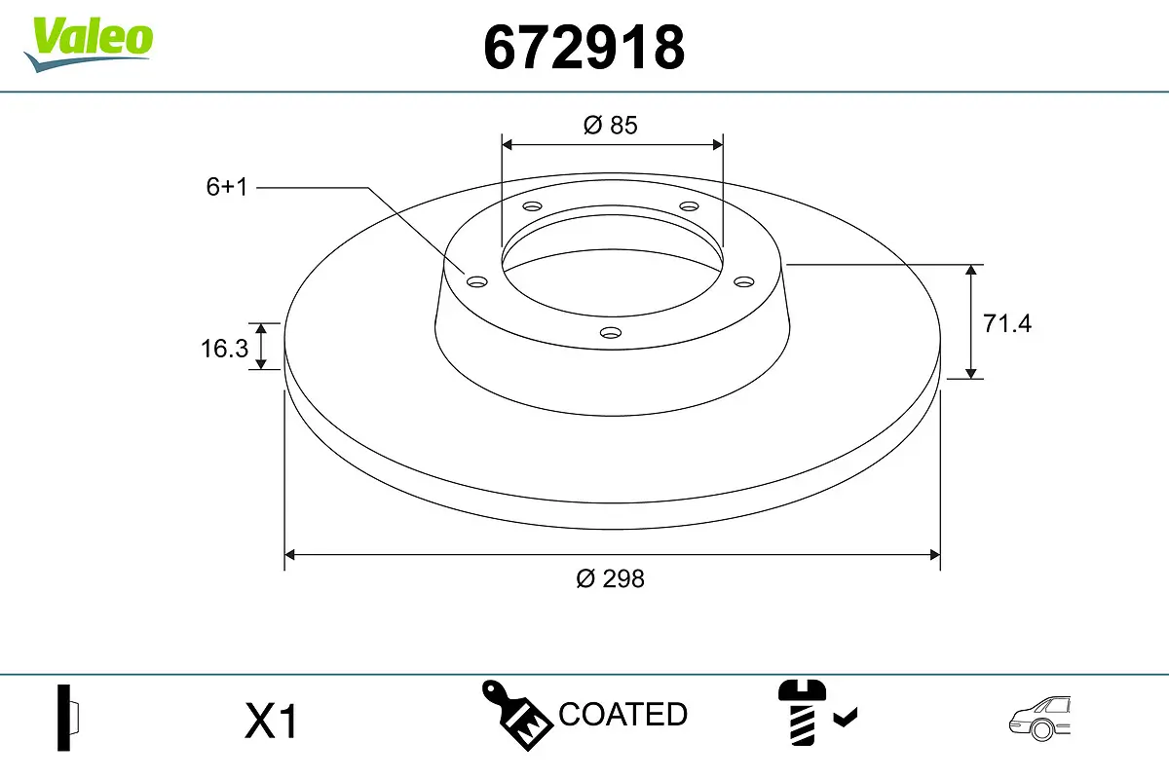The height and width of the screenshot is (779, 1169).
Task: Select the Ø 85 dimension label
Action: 610,125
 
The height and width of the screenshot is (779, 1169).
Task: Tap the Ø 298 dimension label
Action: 610,578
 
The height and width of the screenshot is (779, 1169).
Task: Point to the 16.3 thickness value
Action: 225,348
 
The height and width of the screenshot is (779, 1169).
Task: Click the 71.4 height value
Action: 1006,323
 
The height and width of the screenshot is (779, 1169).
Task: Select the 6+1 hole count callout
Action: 227,187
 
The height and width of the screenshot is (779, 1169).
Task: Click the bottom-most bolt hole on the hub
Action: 611,333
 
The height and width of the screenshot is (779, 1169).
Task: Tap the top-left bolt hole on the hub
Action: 532,206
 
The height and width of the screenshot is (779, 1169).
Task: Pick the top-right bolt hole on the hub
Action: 690,206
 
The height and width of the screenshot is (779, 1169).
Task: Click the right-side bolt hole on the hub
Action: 744,281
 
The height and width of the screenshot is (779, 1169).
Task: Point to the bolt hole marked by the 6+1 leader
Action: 476,282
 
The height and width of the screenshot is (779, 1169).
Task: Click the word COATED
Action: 622,714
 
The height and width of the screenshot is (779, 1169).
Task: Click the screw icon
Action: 801,713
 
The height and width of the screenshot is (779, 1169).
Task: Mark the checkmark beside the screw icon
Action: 846,719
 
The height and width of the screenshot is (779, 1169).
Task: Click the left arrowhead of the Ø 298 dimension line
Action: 288,555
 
